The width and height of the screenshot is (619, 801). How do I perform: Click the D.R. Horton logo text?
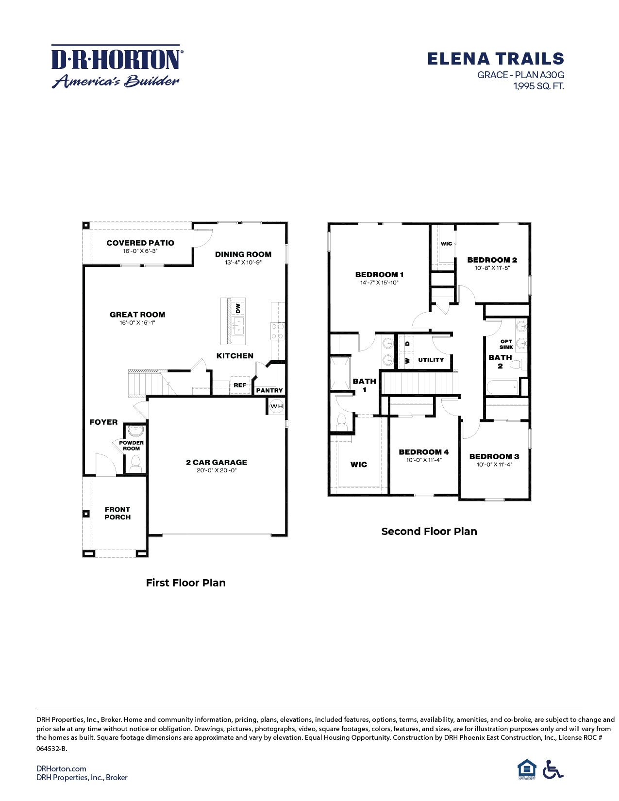tap(117, 59)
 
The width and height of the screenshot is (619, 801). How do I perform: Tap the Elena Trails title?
tap(495, 59)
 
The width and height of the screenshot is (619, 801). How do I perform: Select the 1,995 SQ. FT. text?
tap(538, 86)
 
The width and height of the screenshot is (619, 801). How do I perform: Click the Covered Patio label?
tap(140, 243)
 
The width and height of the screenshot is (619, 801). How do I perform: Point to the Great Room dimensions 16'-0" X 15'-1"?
tap(137, 322)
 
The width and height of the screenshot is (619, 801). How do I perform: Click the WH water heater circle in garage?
tap(276, 406)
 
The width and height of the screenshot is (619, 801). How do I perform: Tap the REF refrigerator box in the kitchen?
tap(240, 385)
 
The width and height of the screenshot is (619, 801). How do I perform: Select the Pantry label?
tap(269, 390)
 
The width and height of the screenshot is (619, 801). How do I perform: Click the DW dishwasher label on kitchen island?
tap(238, 308)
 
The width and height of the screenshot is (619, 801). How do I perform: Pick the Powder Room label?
tap(131, 445)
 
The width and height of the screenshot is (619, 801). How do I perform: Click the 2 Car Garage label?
tap(216, 462)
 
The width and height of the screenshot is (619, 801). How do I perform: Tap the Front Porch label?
tap(117, 513)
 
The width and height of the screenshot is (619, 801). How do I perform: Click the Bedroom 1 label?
tap(379, 274)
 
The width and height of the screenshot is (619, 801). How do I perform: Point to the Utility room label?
tap(431, 360)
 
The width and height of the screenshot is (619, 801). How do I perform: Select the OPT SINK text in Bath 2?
tap(506, 344)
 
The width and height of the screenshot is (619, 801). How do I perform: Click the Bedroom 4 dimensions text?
tap(423, 460)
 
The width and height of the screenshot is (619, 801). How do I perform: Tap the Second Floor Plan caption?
tap(429, 531)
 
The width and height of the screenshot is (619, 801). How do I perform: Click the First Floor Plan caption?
tap(185, 583)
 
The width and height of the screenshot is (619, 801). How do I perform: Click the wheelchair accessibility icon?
tap(552, 769)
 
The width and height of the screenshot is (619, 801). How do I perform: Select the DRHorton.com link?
tap(61, 768)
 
